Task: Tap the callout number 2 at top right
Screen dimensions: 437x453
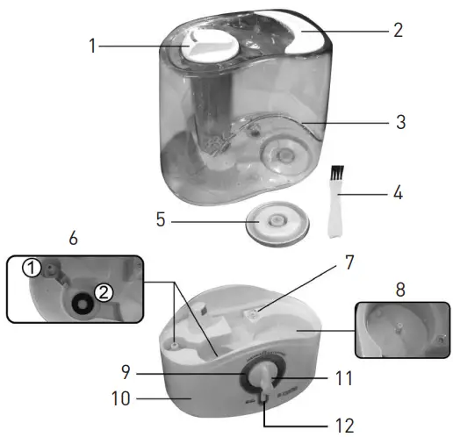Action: click(x=398, y=30)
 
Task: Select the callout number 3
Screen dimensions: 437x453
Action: click(x=399, y=122)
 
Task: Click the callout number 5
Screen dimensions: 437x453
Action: click(x=161, y=222)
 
